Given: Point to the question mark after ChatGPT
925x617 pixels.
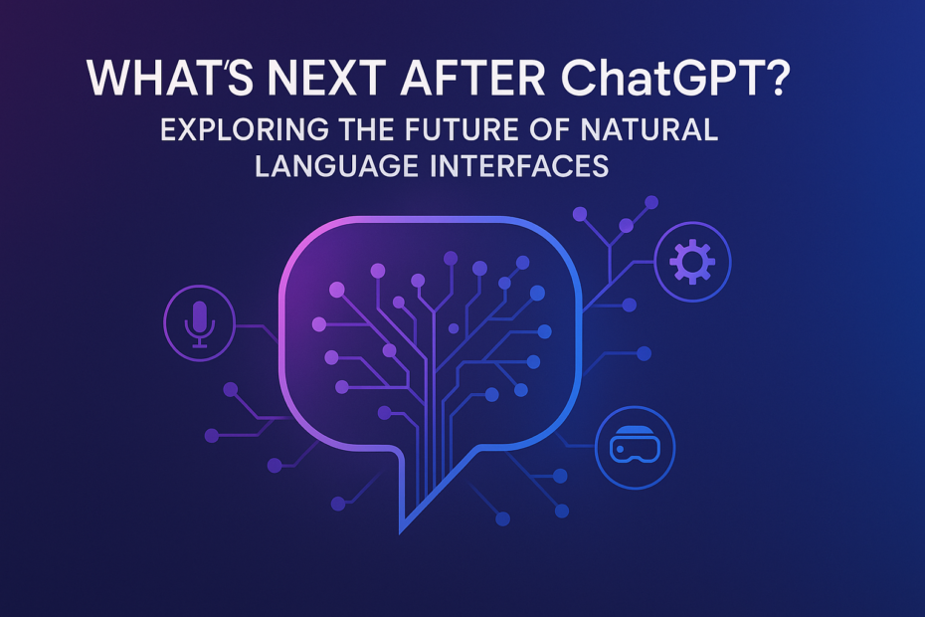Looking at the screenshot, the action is pyautogui.click(x=774, y=78).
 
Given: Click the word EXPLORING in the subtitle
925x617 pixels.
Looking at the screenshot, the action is pyautogui.click(x=245, y=130).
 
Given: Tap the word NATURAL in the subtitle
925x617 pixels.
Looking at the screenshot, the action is pyautogui.click(x=648, y=130).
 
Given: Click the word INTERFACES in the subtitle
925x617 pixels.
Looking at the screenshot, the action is pyautogui.click(x=519, y=166).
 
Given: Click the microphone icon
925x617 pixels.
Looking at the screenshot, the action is pyautogui.click(x=199, y=323).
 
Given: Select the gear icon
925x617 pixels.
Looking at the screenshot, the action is pyautogui.click(x=692, y=262).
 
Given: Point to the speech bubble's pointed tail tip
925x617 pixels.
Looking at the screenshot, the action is pyautogui.click(x=401, y=532).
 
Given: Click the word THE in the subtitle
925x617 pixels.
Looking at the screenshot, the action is pyautogui.click(x=367, y=130).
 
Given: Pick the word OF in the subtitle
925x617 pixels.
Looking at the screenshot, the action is pyautogui.click(x=549, y=130).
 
